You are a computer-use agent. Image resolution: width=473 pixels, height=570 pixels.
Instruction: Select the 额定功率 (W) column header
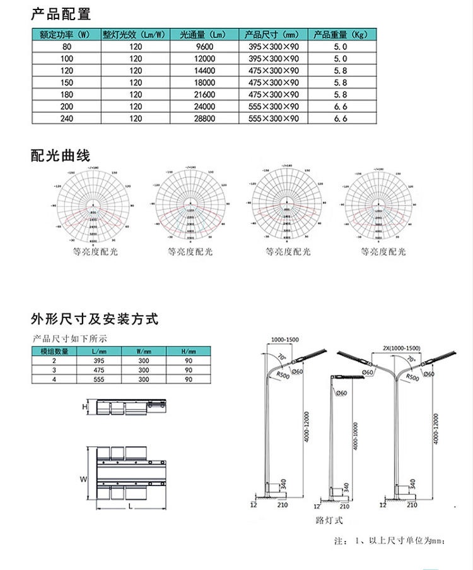tap(67, 35)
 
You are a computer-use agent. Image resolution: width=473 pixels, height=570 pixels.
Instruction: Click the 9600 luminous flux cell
tap(205, 47)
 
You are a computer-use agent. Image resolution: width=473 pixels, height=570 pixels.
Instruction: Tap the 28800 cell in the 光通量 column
tap(205, 118)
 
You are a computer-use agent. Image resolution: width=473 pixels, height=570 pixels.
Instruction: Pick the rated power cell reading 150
tap(67, 83)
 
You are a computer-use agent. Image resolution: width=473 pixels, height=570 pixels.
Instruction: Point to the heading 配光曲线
tap(61, 155)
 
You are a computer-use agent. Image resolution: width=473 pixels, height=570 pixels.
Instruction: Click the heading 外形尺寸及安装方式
tap(94, 319)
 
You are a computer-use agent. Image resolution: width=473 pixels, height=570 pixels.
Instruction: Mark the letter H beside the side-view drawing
tap(85, 408)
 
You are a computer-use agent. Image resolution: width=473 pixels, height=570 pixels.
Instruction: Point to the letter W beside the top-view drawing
tap(83, 480)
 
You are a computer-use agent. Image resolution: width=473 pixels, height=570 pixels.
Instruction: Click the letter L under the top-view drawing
tap(129, 506)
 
